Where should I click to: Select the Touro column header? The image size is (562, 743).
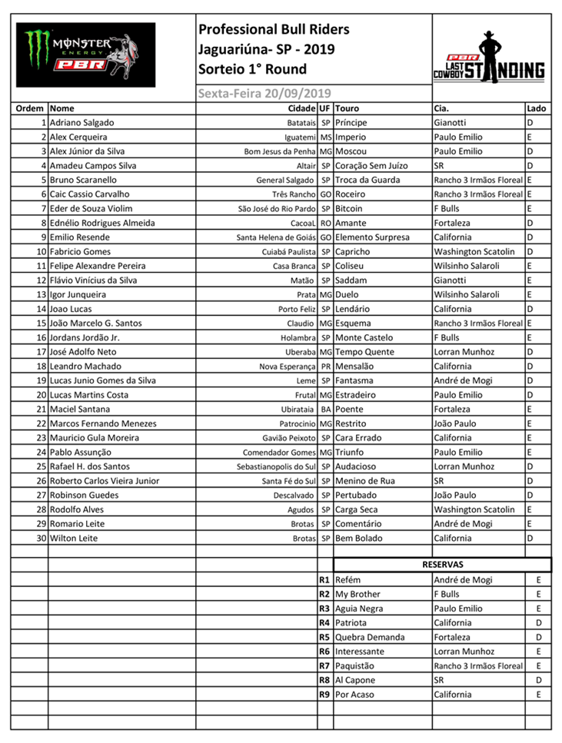(x=348, y=108)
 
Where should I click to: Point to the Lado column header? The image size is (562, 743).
(x=537, y=108)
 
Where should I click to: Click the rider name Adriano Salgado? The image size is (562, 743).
(x=82, y=122)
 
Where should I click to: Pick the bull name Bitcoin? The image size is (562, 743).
(x=349, y=208)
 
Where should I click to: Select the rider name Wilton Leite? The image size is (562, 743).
(x=74, y=538)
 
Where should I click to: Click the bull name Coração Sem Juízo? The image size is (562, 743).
(x=371, y=165)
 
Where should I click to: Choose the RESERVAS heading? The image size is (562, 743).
(x=442, y=564)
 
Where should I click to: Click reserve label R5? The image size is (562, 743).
(x=324, y=637)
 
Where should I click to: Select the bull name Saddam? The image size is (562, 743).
(x=351, y=280)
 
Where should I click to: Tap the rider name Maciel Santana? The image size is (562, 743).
(x=80, y=409)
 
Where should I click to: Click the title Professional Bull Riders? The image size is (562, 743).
(x=274, y=30)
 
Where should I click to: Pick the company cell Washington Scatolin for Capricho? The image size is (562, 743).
(x=474, y=251)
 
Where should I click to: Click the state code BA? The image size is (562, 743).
(x=325, y=409)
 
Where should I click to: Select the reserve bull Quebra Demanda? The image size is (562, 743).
(x=371, y=637)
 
